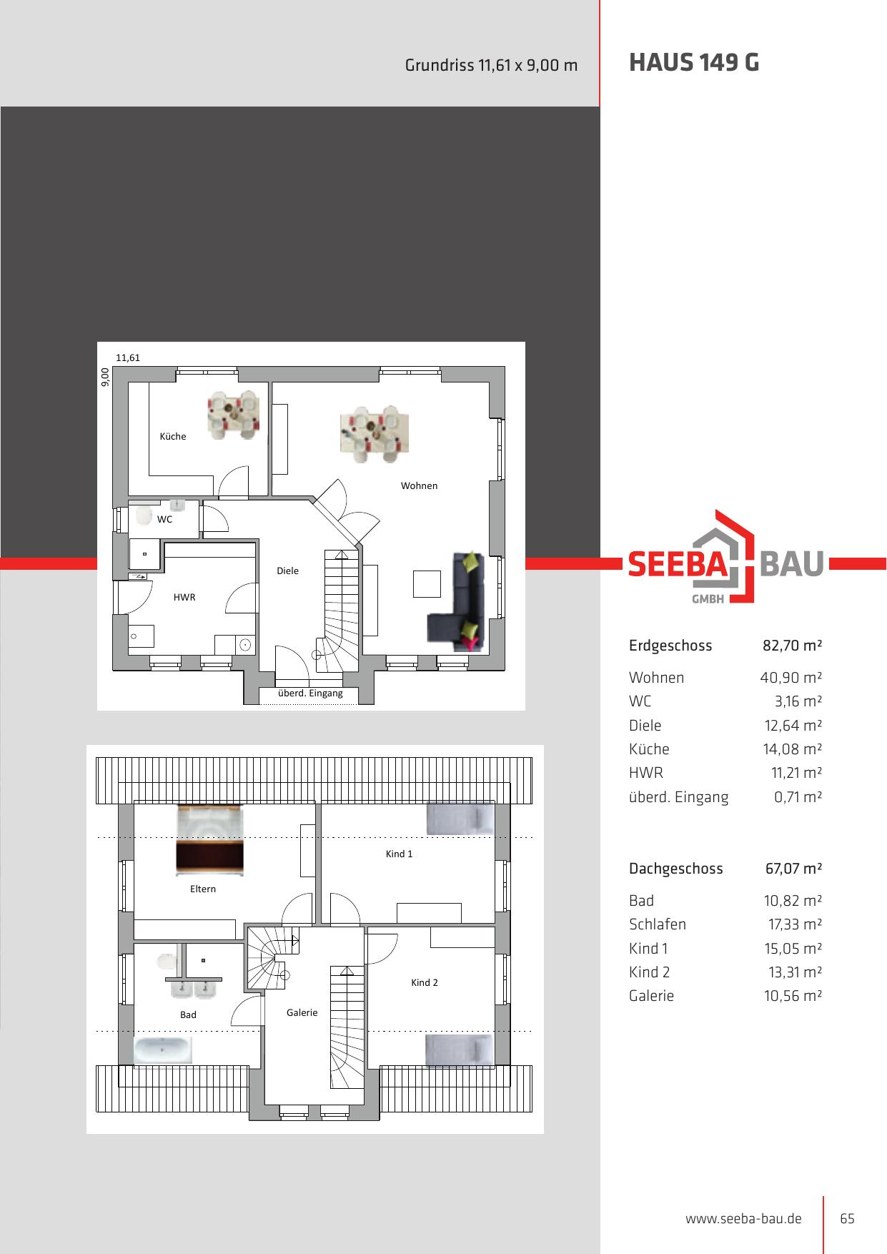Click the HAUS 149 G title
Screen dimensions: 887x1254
coord(693,63)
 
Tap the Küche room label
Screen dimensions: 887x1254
coord(173,436)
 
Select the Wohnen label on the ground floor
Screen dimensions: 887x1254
coord(419,485)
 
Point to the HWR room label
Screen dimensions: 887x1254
coord(184,597)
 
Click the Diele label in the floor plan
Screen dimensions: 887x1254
coord(288,571)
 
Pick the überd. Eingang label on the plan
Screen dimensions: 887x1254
coord(310,693)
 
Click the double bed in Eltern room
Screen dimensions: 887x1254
coord(210,840)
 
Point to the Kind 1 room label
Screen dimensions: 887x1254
coord(399,854)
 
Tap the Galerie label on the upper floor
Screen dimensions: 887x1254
coord(302,1012)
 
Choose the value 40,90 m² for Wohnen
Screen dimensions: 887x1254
coord(791,677)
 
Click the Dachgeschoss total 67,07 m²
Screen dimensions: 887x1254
coord(793,869)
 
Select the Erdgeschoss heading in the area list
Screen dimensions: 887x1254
coord(670,646)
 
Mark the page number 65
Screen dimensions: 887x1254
coord(847,1219)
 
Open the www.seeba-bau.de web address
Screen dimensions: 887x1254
coord(743,1219)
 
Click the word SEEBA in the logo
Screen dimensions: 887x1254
coord(677,563)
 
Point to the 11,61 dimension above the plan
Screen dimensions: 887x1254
coord(128,357)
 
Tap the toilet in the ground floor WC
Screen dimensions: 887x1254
coord(143,515)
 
